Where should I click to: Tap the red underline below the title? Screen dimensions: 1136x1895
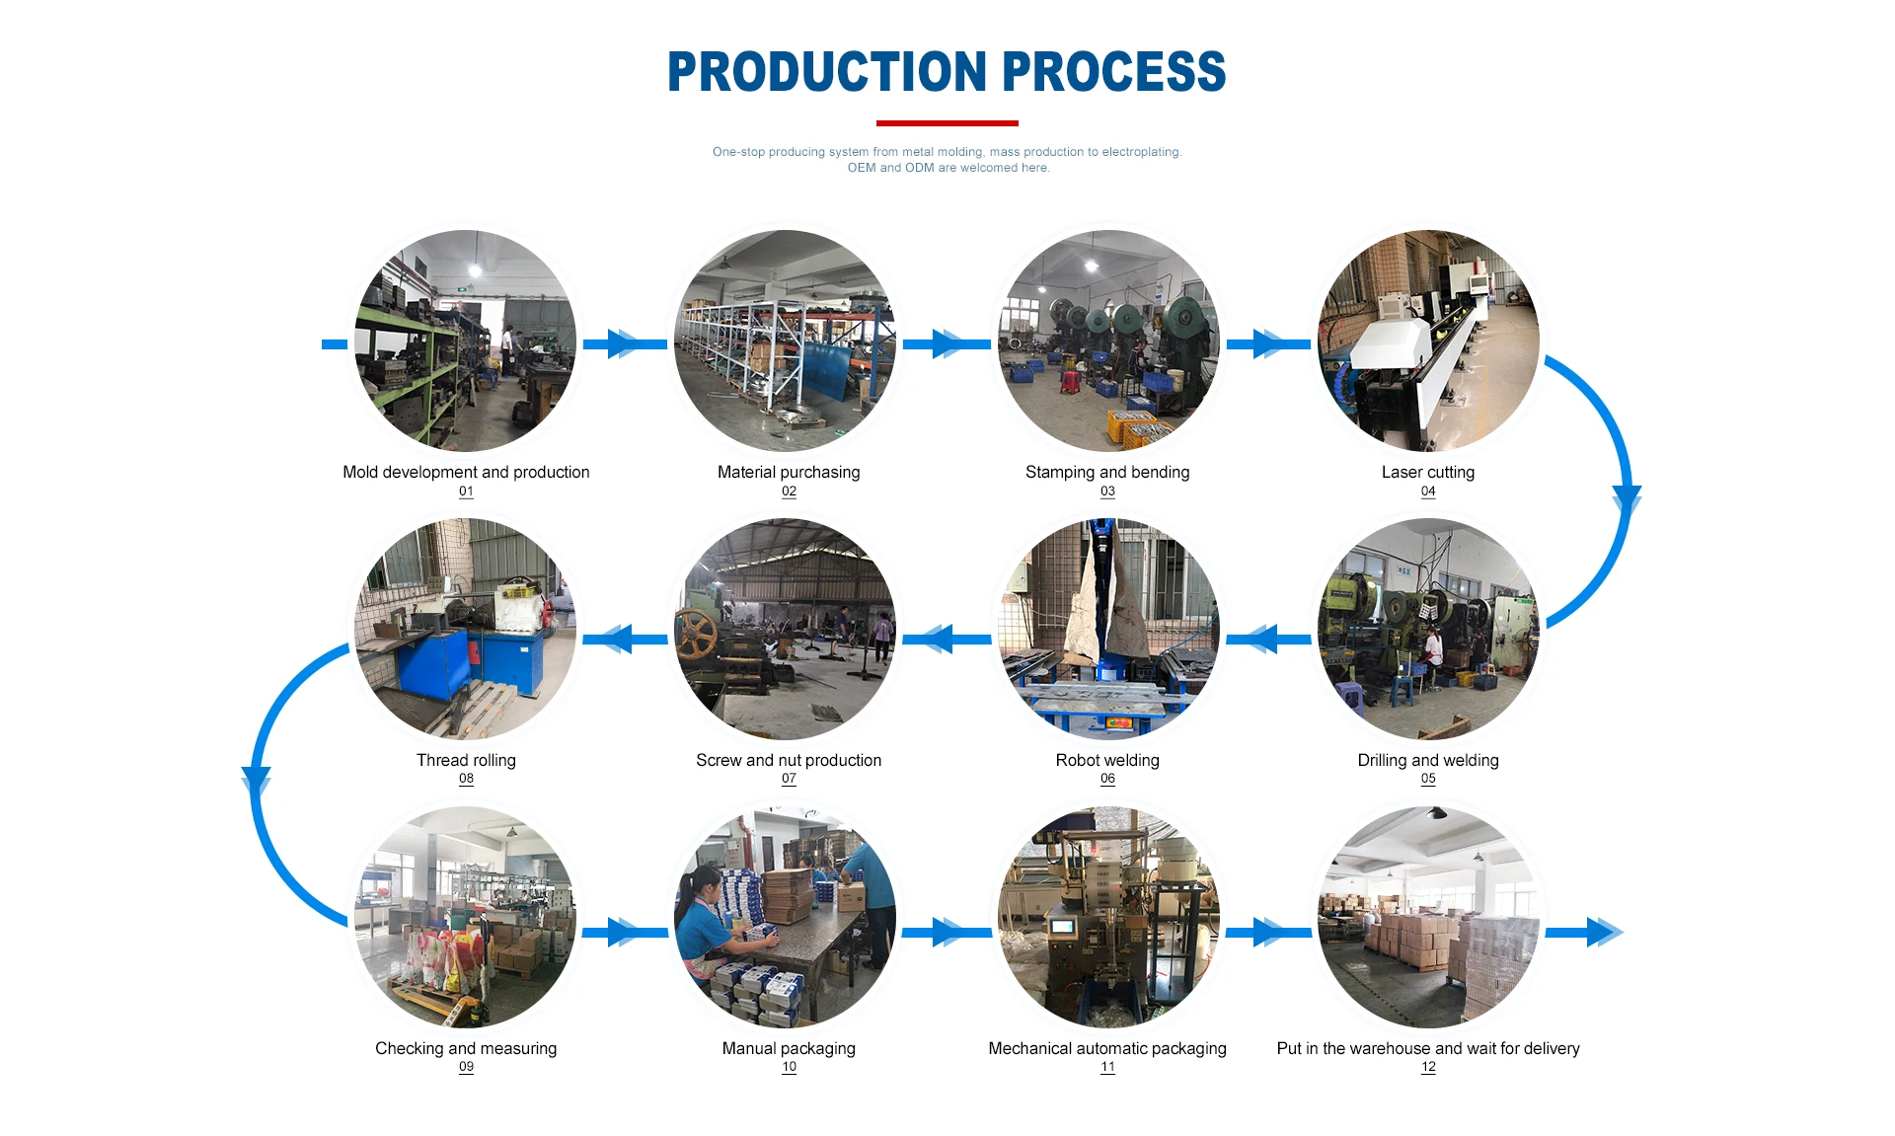[947, 123]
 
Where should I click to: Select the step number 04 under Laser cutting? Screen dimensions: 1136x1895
[1427, 492]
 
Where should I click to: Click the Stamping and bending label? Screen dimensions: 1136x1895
[1106, 472]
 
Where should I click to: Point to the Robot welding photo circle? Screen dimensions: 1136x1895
[1107, 629]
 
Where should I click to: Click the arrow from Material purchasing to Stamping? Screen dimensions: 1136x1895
[946, 343]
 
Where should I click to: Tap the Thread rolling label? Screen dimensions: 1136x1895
[466, 760]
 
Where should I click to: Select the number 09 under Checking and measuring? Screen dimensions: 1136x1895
[466, 1067]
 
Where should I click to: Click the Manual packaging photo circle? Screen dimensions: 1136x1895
[786, 918]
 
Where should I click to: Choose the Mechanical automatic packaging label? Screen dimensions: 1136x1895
[1106, 1048]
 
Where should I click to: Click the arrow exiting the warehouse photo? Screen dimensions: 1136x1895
[1585, 932]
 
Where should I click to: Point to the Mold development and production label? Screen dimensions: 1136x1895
[466, 472]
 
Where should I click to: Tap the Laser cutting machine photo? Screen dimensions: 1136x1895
[1427, 341]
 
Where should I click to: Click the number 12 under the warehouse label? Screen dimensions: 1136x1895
[1427, 1067]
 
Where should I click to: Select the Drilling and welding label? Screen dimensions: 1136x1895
[1427, 760]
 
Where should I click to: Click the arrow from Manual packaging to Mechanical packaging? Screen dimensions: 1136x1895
[946, 932]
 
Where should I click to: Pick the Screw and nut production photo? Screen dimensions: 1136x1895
[786, 629]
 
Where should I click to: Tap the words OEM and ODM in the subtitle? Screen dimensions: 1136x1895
[890, 168]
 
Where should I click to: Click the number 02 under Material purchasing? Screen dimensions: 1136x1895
[789, 492]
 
